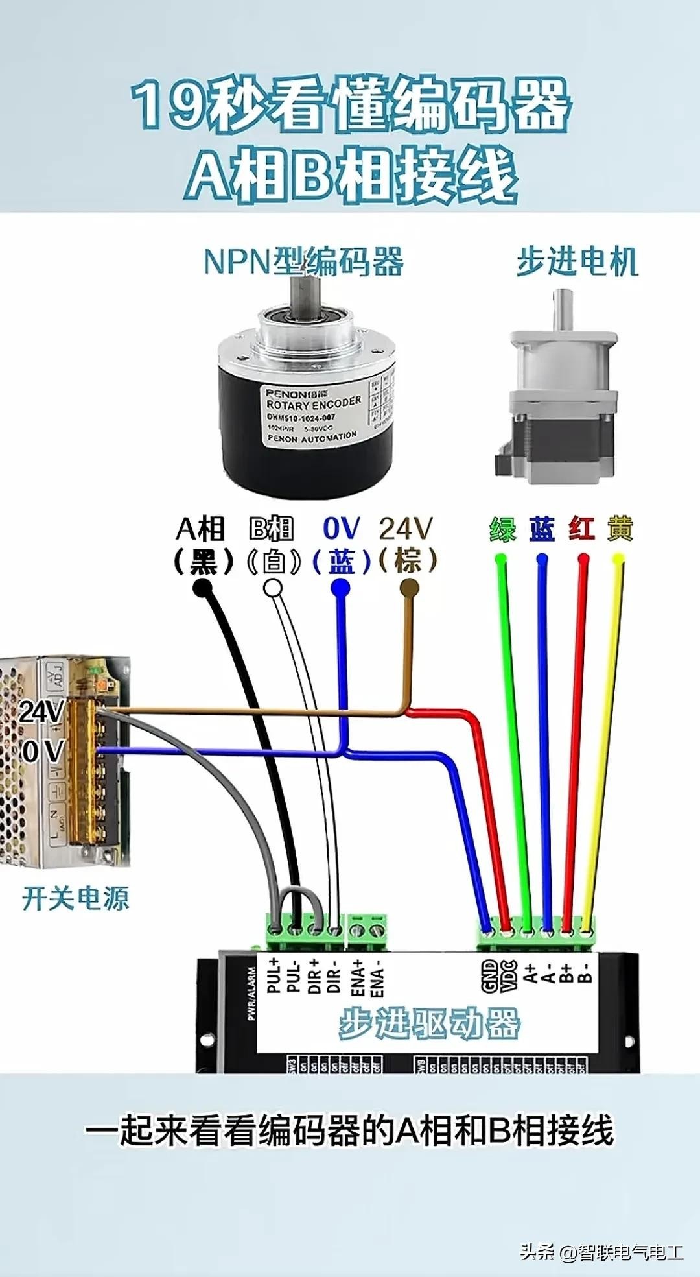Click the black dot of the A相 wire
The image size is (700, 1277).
tap(203, 588)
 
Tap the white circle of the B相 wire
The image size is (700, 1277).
tap(273, 588)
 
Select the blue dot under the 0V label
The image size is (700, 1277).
tap(340, 588)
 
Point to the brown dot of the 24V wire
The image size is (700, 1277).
tap(409, 588)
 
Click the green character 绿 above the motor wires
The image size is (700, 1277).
tap(502, 529)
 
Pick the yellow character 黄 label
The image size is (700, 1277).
tap(620, 529)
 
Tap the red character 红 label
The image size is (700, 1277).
tap(581, 529)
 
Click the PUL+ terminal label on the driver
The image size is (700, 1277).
tap(274, 974)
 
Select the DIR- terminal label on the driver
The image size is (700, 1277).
tap(333, 976)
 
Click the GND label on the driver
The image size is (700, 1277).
tap(490, 975)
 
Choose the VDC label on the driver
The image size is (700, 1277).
tap(509, 975)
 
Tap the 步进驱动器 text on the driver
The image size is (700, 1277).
tap(429, 1024)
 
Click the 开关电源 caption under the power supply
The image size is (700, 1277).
tap(76, 898)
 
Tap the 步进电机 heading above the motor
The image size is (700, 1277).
tap(577, 262)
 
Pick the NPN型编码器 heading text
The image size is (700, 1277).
tap(303, 261)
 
